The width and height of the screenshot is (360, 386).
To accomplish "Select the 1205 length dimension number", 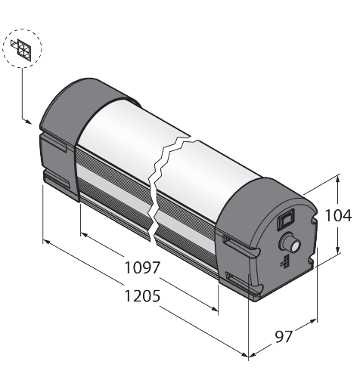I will click(x=141, y=296).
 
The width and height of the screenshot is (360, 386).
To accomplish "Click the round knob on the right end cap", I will click(x=290, y=242).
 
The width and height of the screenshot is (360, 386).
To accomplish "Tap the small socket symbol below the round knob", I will click(x=285, y=261).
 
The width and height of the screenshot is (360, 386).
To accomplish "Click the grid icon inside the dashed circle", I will click(x=23, y=49).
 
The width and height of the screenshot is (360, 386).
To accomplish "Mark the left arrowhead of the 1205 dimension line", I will click(x=47, y=242).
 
